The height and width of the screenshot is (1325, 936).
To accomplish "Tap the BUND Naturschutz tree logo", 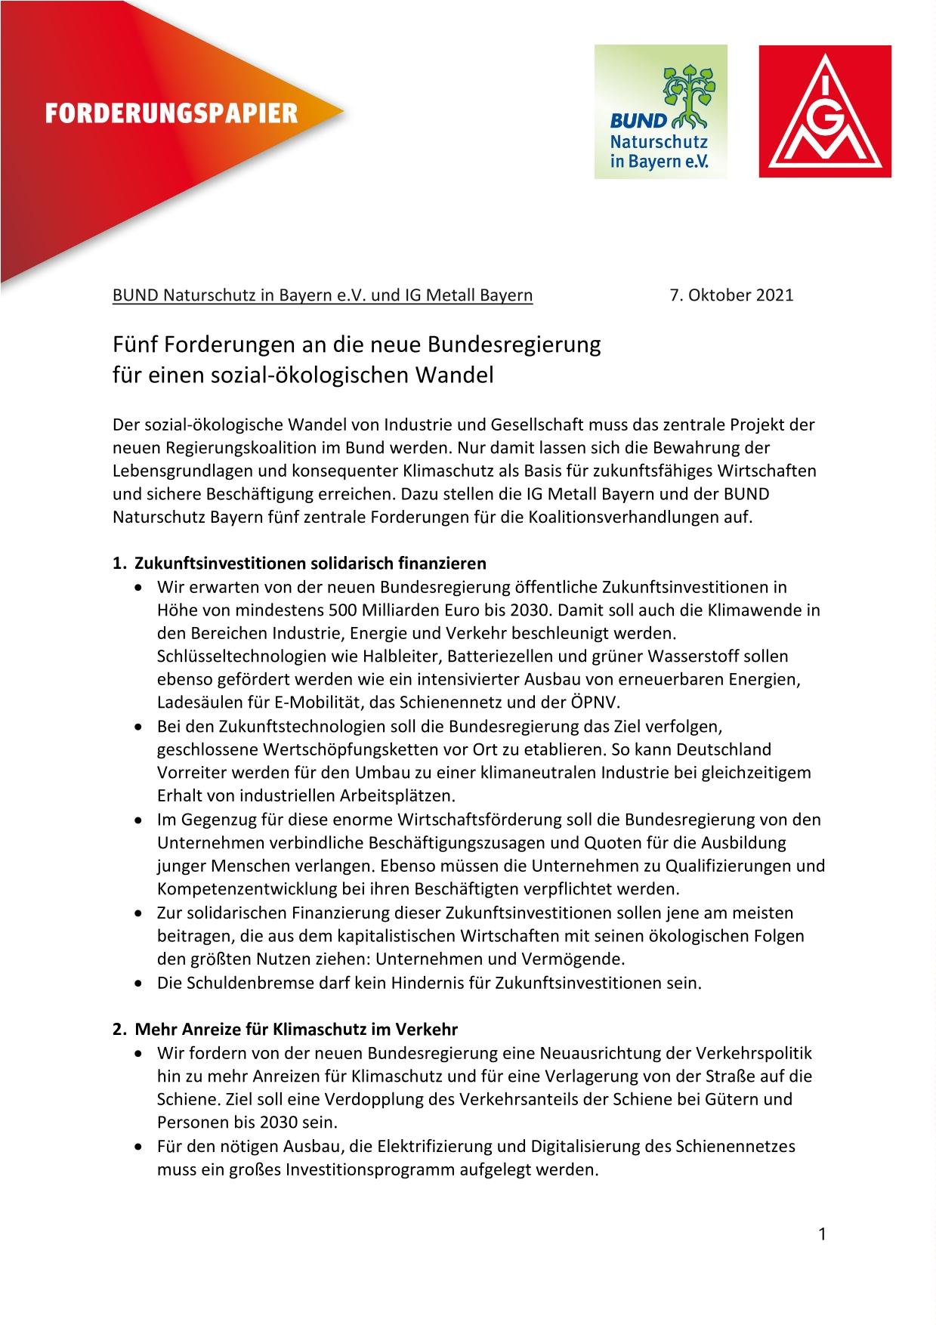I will click(x=660, y=112).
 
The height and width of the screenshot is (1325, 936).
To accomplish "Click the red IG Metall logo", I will click(x=825, y=112).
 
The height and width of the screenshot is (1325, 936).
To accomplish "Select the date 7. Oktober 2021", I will click(x=731, y=295).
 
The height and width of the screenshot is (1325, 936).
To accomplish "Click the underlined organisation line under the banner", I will click(x=323, y=295).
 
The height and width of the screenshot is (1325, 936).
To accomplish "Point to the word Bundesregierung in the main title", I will click(x=514, y=344).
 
